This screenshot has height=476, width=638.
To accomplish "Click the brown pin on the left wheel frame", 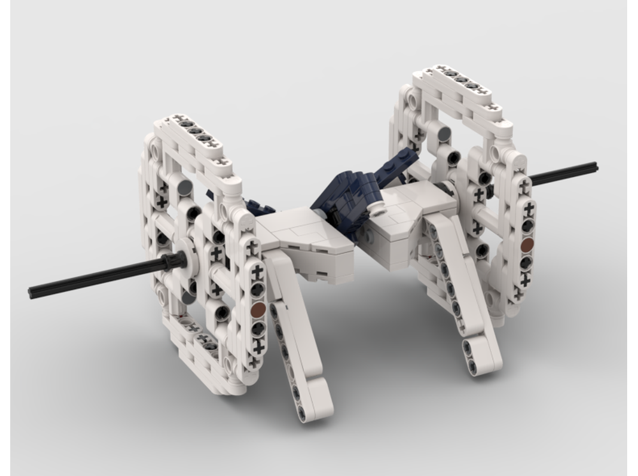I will pyautogui.click(x=258, y=310).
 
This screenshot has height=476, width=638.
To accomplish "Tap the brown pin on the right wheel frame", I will pyautogui.click(x=527, y=245).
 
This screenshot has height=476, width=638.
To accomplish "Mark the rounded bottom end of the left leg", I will pyautogui.click(x=319, y=409).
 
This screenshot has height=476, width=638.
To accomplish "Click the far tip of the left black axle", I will pyautogui.click(x=32, y=293).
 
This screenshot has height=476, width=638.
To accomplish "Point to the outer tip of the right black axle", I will pyautogui.click(x=595, y=167).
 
